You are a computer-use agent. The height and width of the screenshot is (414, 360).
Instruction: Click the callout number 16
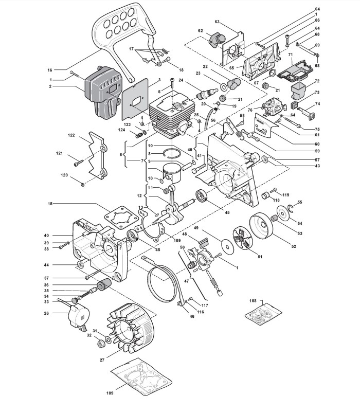pyautogui.click(x=50, y=70)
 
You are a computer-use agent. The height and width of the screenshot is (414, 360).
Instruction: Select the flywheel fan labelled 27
pyautogui.click(x=130, y=328)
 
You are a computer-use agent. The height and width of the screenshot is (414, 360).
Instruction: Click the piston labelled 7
pyautogui.click(x=173, y=173)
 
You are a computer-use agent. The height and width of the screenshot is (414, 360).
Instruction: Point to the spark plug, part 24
pyautogui.click(x=206, y=93)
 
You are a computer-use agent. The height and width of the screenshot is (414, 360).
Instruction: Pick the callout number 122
pyautogui.click(x=71, y=135)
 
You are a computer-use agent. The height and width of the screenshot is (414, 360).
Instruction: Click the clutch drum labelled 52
pyautogui.click(x=261, y=226)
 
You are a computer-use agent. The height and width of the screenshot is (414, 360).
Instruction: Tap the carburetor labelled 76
pyautogui.click(x=274, y=107)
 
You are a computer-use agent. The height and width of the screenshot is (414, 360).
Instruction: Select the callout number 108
pyautogui.click(x=253, y=301)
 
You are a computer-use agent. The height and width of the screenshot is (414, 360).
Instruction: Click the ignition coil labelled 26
pyautogui.click(x=79, y=316)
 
